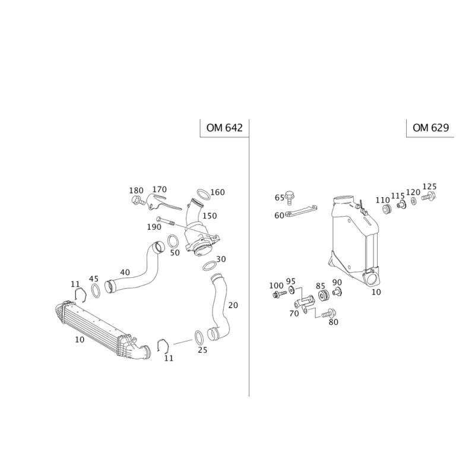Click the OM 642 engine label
(224, 128)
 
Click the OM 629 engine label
(430, 128)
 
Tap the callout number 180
(136, 191)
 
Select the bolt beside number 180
(139, 200)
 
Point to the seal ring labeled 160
(204, 194)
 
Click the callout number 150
(210, 216)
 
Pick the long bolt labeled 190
(166, 221)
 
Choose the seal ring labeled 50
(173, 242)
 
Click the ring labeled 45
(96, 291)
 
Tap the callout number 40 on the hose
(125, 273)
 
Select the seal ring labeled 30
(210, 265)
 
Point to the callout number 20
(233, 305)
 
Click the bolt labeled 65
(290, 197)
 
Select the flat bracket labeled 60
(301, 211)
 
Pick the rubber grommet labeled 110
(387, 209)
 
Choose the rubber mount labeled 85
(323, 295)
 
